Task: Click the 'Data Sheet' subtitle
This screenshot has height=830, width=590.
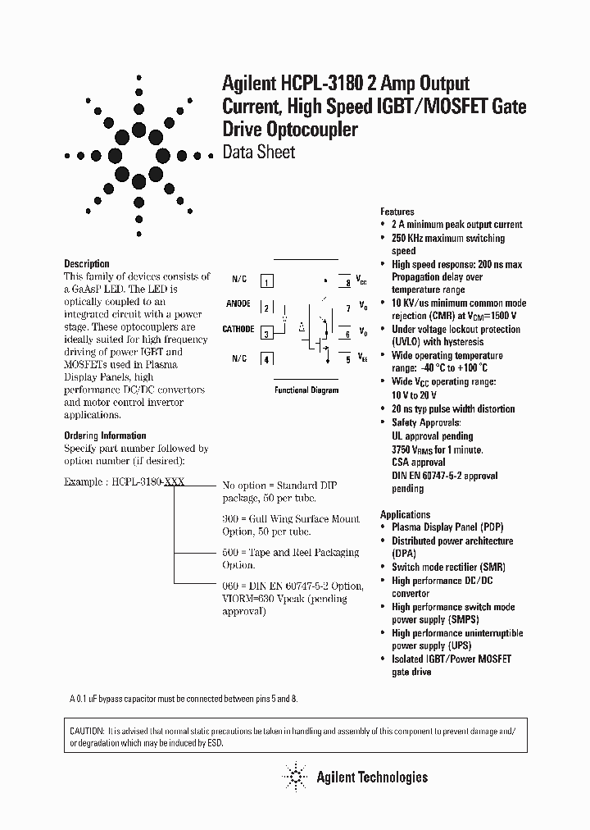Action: tap(258, 153)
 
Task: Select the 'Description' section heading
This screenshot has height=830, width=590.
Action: tap(86, 264)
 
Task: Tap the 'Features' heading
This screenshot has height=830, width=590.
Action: tap(397, 212)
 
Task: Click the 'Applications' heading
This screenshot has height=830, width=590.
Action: tap(405, 515)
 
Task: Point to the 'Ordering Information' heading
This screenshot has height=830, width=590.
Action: tap(105, 436)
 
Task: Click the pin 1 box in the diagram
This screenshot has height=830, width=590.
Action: tap(266, 282)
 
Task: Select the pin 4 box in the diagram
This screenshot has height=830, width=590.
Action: tap(266, 358)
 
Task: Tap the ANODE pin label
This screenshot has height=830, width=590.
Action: tap(238, 304)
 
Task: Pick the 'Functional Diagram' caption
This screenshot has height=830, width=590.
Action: tap(306, 390)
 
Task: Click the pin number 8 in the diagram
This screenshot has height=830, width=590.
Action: tap(347, 283)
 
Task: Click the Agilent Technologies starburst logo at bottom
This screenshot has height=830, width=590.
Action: tap(293, 776)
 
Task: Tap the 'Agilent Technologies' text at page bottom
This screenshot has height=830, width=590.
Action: tap(372, 777)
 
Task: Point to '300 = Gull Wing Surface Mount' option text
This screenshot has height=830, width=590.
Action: tap(291, 519)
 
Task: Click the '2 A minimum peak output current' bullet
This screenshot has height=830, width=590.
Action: tap(456, 225)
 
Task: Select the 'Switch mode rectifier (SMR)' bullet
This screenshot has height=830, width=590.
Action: tap(448, 568)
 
